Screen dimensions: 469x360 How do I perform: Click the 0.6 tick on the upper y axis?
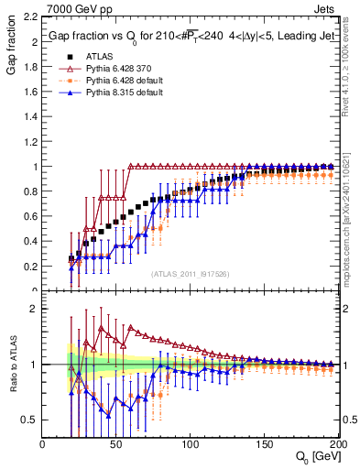point(31,217)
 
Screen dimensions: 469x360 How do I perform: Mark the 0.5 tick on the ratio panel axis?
point(31,420)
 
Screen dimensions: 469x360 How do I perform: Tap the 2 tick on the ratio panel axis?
point(34,309)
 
